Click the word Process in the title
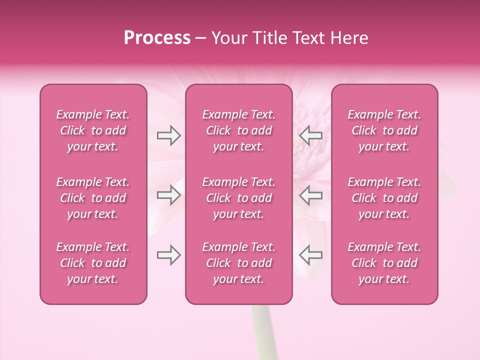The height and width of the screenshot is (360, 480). (157, 38)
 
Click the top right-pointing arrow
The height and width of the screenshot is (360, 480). (168, 135)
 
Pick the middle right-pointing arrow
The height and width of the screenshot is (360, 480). (168, 195)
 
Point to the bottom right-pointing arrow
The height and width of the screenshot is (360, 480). (168, 255)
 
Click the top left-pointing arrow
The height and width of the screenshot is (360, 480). (310, 135)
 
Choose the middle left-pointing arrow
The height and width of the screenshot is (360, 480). (310, 195)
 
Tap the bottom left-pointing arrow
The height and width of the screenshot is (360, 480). (310, 255)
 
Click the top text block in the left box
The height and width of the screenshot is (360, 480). (93, 130)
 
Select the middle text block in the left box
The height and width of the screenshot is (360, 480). (93, 198)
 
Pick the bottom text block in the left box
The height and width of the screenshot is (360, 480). (93, 263)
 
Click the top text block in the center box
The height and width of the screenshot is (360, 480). (238, 130)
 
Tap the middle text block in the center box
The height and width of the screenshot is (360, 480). (238, 198)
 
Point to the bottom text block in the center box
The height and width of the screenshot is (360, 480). (238, 263)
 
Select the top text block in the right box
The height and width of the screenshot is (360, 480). (384, 130)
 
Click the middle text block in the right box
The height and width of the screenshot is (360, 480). (384, 198)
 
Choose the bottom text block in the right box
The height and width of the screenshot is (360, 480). (384, 263)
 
